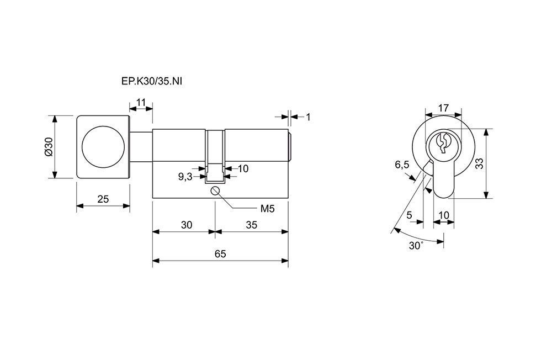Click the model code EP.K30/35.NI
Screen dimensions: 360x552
(x=151, y=82)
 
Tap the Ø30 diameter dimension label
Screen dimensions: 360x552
(x=48, y=147)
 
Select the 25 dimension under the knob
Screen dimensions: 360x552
(x=103, y=199)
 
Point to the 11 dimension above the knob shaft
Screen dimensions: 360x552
(x=141, y=102)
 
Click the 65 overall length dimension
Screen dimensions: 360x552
(x=220, y=253)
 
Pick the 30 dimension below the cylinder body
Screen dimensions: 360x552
(x=186, y=225)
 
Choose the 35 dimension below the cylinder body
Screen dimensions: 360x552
(x=251, y=225)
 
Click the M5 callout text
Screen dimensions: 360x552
(x=268, y=209)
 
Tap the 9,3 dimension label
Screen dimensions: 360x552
(x=185, y=177)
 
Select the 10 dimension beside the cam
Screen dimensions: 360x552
(x=243, y=168)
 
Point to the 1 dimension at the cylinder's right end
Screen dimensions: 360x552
(x=308, y=117)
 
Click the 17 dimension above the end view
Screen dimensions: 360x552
(x=442, y=108)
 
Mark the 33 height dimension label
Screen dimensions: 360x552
(x=479, y=163)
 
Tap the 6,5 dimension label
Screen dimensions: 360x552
(x=402, y=165)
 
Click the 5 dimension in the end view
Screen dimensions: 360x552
(x=409, y=215)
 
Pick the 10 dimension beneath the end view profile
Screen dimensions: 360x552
(x=444, y=215)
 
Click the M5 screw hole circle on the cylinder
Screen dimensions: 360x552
(x=215, y=191)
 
